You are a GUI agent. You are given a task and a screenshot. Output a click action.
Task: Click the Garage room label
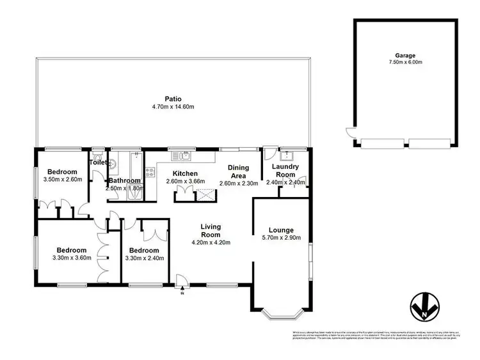405,55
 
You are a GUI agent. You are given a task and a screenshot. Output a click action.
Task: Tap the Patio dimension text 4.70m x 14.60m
172,107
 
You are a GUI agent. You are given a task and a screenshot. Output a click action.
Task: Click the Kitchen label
186,174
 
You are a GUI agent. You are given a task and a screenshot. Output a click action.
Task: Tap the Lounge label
281,230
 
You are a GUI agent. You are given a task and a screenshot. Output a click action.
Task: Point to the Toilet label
98,163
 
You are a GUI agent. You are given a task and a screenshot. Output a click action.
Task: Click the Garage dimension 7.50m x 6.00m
405,63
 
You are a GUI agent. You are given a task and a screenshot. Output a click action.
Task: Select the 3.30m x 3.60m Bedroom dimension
70,258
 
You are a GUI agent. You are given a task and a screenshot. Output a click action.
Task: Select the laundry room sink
286,155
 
